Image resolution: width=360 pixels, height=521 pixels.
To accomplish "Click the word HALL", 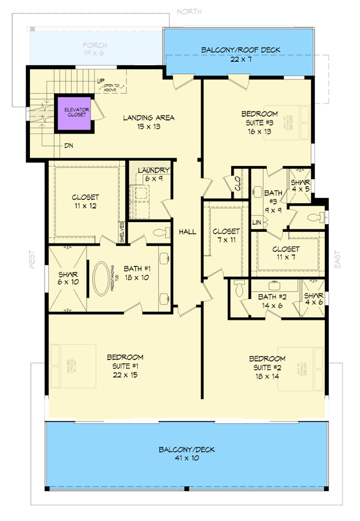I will (187, 231).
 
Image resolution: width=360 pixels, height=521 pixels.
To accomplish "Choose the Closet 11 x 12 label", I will (85, 201).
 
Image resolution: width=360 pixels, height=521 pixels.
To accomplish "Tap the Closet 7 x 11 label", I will (226, 236).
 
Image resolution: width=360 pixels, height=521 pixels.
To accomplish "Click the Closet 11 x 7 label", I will (286, 253).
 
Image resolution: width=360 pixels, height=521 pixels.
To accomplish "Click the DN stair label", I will (68, 146).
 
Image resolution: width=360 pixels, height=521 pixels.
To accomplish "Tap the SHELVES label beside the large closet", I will (122, 233).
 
